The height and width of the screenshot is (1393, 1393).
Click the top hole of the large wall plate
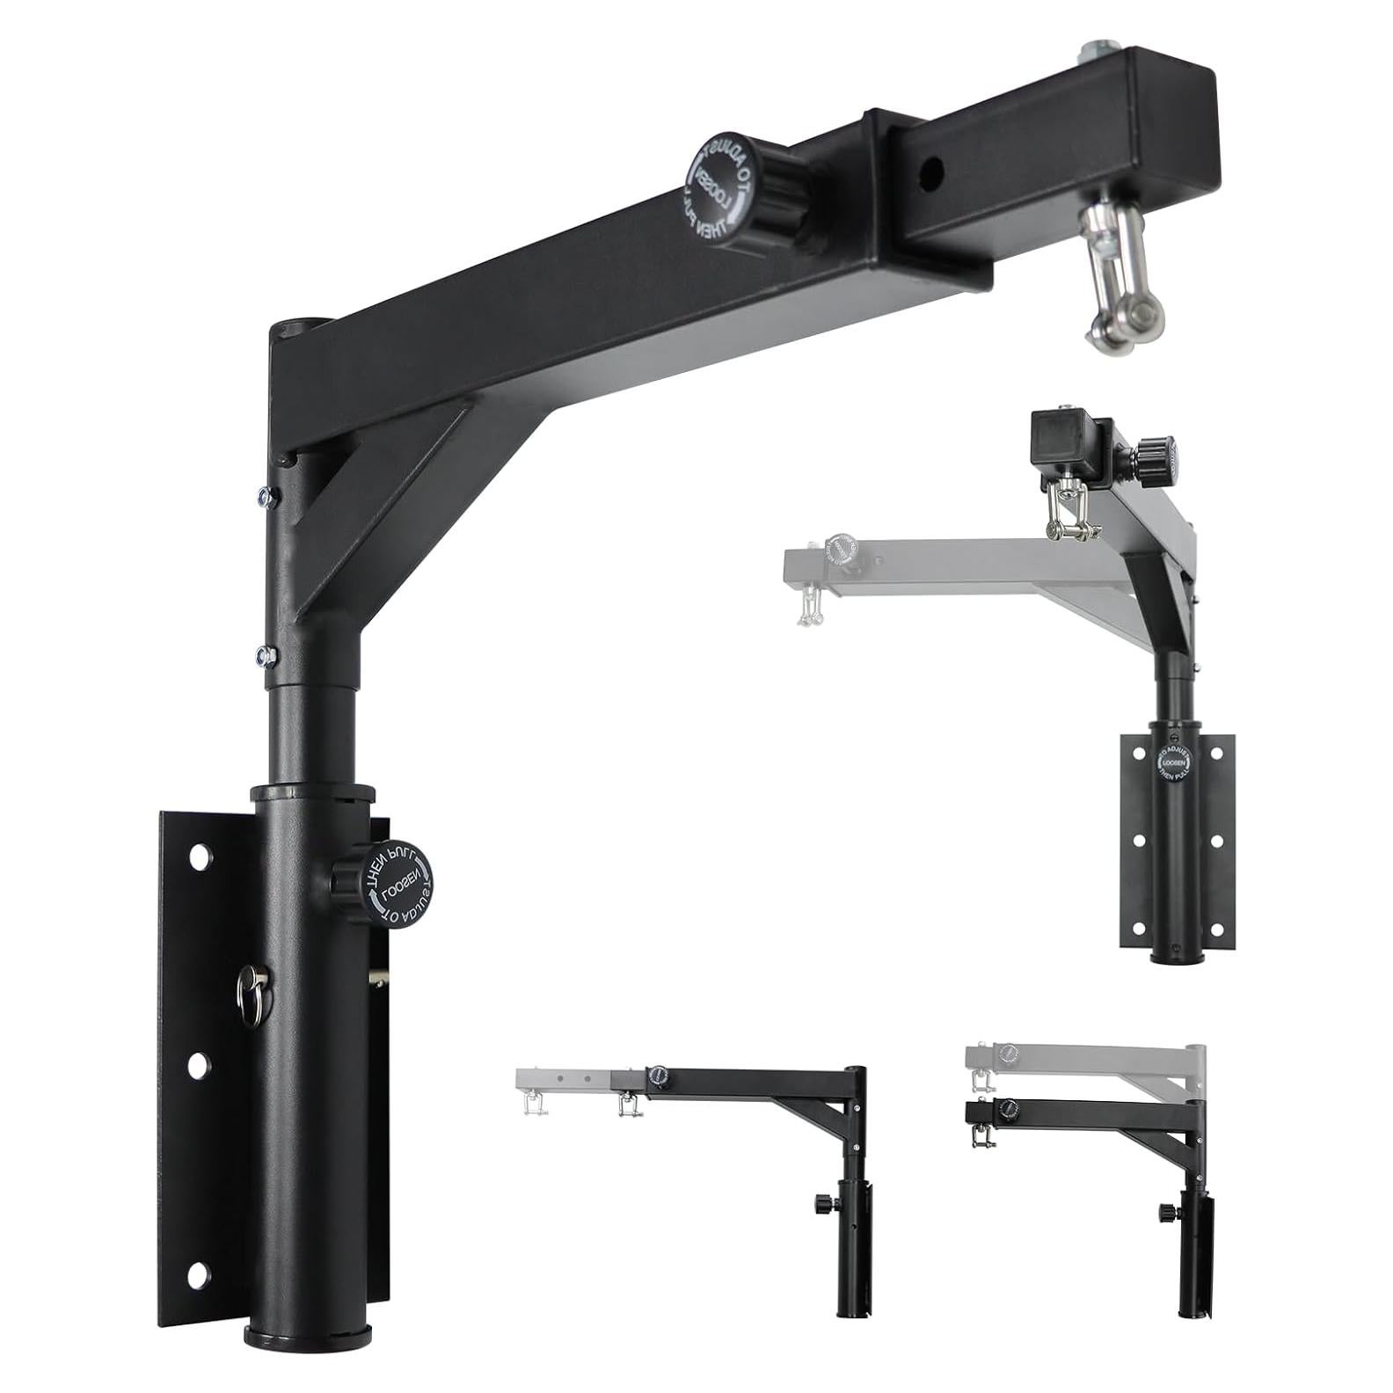[201, 855]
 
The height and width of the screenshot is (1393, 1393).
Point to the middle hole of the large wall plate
[200, 1064]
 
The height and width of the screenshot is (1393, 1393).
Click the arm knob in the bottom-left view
[657, 1076]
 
